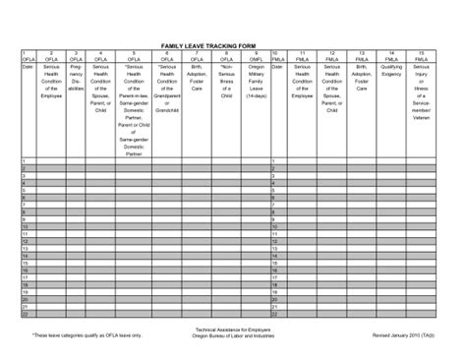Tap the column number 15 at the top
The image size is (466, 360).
coord(421,52)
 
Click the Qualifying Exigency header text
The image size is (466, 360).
coord(391,69)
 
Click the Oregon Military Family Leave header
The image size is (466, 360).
coord(256,84)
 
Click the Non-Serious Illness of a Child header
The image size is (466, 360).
coord(227,84)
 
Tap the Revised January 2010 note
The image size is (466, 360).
coord(402,335)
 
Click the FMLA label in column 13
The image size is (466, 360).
coord(362,59)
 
